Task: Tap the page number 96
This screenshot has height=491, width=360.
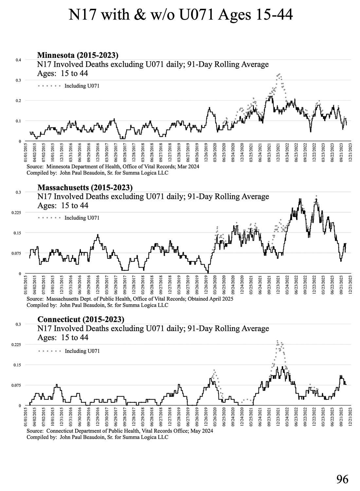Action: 342,480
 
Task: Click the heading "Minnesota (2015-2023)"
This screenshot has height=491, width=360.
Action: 78,55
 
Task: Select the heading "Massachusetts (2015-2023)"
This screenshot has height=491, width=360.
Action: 85,187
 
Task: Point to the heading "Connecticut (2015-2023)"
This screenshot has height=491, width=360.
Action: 81,319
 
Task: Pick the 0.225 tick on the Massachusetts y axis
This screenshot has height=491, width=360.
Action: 16,213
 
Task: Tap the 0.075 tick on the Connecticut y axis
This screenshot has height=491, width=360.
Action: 16,385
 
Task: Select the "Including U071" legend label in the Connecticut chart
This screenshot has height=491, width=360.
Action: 82,351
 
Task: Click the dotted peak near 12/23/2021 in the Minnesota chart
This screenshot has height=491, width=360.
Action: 279,75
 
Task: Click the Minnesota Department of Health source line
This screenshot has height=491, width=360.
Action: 113,167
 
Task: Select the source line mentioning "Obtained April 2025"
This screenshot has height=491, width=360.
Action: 130,299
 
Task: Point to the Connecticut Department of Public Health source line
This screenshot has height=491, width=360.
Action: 120,431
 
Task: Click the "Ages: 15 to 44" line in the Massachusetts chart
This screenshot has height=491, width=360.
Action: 63,205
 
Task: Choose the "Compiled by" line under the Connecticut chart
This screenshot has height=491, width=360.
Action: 97,437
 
